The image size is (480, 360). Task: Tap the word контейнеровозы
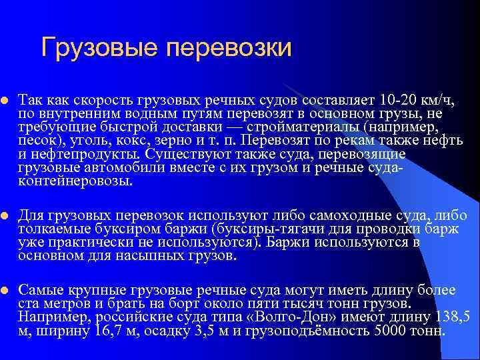coord(75,181)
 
